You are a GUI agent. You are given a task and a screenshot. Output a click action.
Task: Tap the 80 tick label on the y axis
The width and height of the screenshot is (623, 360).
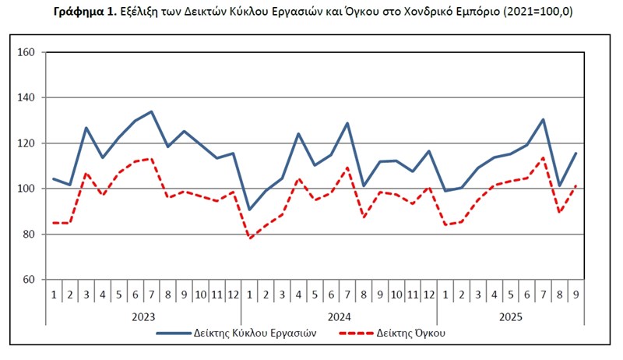(x=29, y=234)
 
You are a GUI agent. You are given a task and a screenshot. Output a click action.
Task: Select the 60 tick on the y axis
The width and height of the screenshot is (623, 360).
(x=29, y=279)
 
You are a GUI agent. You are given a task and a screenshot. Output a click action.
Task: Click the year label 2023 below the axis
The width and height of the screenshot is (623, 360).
(x=143, y=316)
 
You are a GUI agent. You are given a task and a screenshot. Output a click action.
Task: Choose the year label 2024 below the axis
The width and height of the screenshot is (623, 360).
(x=340, y=316)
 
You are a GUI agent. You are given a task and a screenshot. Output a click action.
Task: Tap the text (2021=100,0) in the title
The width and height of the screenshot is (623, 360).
(x=533, y=12)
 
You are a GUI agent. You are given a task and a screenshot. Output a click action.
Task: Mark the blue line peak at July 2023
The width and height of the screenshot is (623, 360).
(x=151, y=111)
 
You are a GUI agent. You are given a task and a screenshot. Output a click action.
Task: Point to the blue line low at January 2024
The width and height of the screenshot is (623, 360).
(x=249, y=209)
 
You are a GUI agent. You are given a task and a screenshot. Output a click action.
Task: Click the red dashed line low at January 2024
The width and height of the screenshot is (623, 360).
(x=249, y=238)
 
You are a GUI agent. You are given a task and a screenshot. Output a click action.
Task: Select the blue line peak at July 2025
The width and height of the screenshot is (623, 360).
(x=543, y=119)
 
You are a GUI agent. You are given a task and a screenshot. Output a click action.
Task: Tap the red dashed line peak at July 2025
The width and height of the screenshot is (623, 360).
(x=543, y=158)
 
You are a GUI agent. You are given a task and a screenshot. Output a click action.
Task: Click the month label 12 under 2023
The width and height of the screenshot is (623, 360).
(x=233, y=294)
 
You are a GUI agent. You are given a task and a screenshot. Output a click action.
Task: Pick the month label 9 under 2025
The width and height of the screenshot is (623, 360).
(x=575, y=294)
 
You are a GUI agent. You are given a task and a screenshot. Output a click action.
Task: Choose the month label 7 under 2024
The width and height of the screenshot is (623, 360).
(x=347, y=294)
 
